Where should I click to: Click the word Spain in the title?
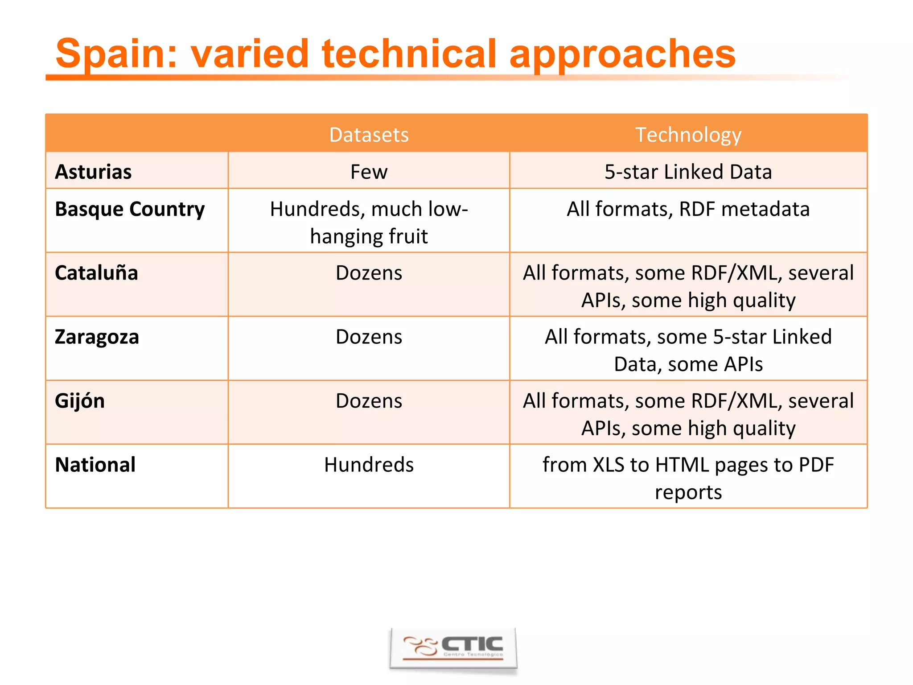(111, 54)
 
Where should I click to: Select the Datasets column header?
(369, 135)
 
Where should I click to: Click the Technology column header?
(688, 135)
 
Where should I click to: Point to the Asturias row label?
(93, 172)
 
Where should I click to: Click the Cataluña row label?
(96, 273)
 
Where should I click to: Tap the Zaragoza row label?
(97, 337)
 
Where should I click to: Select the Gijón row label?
(80, 401)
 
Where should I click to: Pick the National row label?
(95, 465)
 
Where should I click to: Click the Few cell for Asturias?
(369, 172)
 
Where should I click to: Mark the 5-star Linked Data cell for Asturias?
(688, 172)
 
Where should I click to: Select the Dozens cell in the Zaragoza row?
(369, 337)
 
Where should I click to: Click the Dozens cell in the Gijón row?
(369, 401)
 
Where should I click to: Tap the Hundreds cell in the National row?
(369, 465)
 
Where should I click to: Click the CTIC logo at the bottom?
(453, 648)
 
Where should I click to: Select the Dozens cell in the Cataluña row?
(369, 273)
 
